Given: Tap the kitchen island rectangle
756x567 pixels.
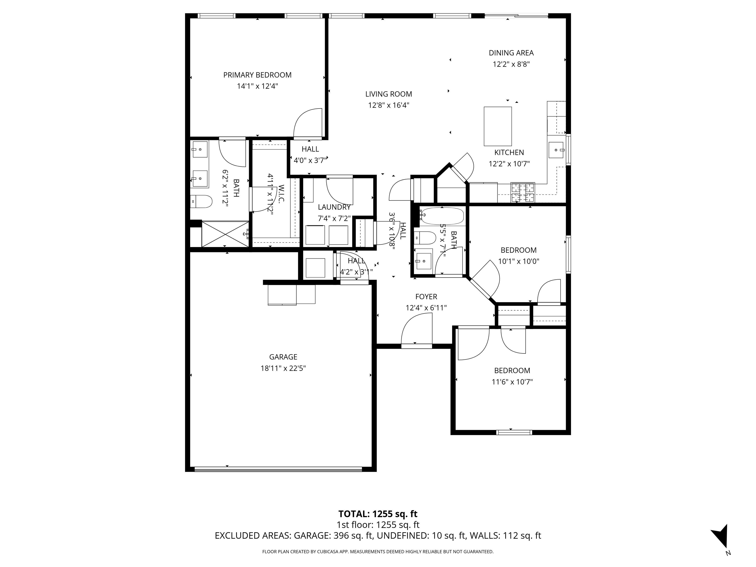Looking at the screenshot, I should [x=497, y=126].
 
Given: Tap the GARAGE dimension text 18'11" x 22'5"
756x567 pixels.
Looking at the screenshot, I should [x=283, y=368].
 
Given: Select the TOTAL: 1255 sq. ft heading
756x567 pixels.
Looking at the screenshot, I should [x=378, y=514].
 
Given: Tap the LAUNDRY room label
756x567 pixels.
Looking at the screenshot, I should [x=334, y=207].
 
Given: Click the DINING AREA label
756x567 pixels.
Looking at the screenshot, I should [x=511, y=53].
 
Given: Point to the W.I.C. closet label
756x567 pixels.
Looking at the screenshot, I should [x=281, y=194].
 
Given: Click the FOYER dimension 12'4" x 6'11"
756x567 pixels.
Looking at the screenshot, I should [x=426, y=308].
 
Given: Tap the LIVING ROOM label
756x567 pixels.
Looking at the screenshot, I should [x=388, y=94].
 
